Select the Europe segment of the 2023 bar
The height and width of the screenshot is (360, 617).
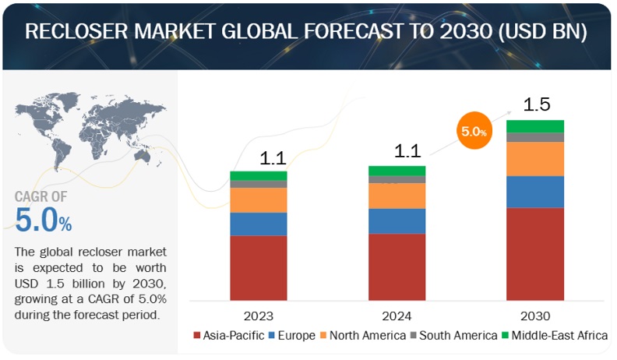(259, 224)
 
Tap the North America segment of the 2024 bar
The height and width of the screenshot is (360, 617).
(397, 196)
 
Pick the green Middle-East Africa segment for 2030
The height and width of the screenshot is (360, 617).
(534, 126)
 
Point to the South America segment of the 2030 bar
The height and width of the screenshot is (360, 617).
(534, 137)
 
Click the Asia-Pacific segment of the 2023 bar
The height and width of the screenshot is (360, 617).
(259, 267)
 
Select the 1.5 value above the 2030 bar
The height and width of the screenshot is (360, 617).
(537, 104)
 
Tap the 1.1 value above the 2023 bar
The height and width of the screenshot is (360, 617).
(273, 158)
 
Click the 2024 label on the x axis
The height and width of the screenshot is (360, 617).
(397, 316)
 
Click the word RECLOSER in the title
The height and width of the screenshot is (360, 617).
(78, 32)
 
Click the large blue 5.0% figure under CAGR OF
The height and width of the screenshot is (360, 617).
(44, 221)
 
